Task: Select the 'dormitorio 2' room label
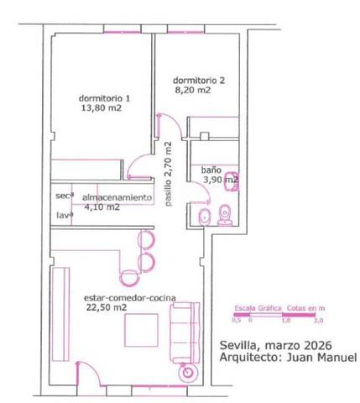(200, 81)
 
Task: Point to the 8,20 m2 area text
(192, 92)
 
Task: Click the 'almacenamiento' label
(117, 196)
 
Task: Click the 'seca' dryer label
(64, 196)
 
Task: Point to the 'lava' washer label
(64, 215)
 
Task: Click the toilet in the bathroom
(225, 216)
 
